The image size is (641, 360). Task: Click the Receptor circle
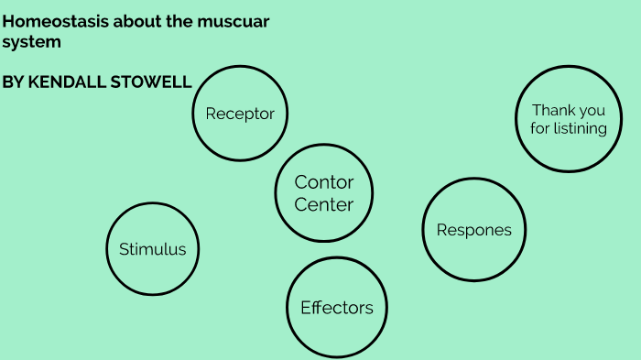tap(240, 114)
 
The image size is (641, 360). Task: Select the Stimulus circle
tap(152, 249)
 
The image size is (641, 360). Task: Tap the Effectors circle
tap(337, 308)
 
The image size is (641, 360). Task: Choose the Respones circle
tap(473, 230)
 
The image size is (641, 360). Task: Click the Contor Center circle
tap(323, 193)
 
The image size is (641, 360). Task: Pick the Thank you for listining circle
tap(568, 119)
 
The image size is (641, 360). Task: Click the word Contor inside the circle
tap(323, 183)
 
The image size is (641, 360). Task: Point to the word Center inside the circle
tap(323, 205)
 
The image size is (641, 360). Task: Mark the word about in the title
tap(122, 21)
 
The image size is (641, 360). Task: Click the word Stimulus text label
tap(152, 249)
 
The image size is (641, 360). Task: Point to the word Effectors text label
tap(337, 308)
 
